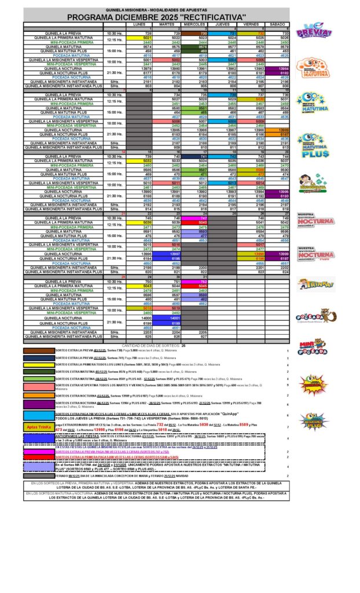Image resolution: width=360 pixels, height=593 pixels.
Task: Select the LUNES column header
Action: pos(139,25)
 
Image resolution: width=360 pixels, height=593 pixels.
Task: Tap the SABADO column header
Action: pos(278,25)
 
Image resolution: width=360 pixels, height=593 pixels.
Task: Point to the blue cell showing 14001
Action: pos(167,318)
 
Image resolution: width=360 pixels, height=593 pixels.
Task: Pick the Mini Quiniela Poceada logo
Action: pos(313,347)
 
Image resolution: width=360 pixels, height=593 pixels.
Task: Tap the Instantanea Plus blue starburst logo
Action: pos(313,420)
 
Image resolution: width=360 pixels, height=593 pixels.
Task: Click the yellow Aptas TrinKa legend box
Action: pos(39,427)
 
